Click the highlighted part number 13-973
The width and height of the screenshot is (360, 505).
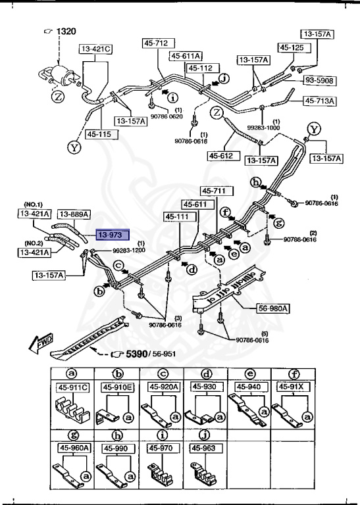point(113,234)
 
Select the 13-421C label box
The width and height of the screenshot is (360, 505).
point(97,49)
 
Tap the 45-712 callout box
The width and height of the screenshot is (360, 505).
point(157,43)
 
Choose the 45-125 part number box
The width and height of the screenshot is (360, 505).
point(292,47)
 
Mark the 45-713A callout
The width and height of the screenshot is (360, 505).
point(320,101)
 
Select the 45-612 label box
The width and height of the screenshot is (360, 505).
point(222,156)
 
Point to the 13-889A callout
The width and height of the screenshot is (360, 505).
point(74,214)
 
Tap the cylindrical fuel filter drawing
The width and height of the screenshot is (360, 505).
point(63,73)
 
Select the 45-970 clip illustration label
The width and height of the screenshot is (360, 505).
point(161,448)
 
